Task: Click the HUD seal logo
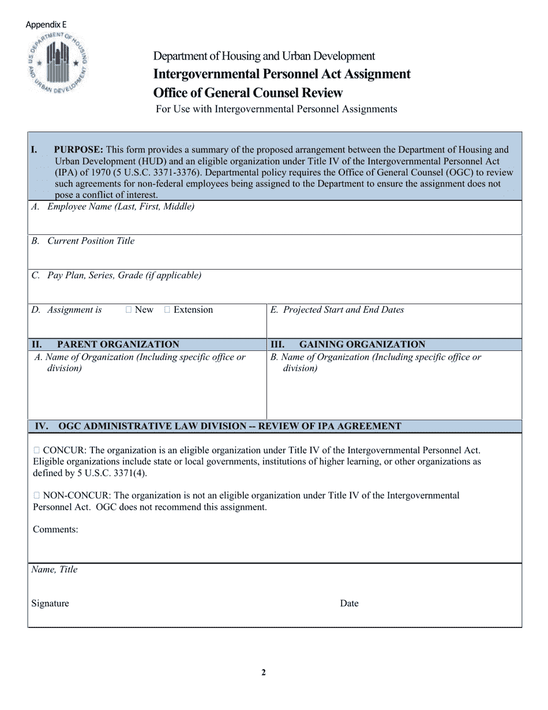click(58, 64)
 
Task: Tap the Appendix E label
click(46, 25)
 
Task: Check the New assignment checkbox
click(129, 310)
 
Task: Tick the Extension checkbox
click(167, 310)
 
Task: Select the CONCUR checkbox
click(37, 450)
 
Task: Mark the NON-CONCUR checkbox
click(37, 495)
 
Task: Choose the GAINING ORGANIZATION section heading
click(362, 345)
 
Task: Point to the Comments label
click(55, 529)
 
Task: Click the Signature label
click(50, 603)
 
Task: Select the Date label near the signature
click(349, 603)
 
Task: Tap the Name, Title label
click(54, 570)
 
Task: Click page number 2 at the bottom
click(264, 672)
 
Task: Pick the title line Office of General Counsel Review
click(247, 93)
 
